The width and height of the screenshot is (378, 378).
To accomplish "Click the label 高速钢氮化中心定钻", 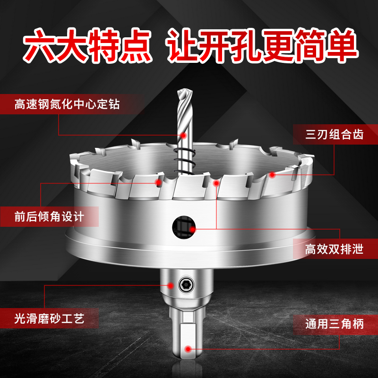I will (66, 104).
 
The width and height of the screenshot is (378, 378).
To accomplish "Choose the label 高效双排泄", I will (334, 249).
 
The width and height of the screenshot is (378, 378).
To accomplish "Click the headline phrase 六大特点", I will (90, 46).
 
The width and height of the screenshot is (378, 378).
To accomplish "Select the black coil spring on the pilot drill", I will (182, 160).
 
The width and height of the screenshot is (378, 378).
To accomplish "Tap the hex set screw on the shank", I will (186, 284).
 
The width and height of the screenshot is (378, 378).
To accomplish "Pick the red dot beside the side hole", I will (193, 229).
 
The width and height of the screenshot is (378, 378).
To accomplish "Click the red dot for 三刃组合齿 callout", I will (273, 174).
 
